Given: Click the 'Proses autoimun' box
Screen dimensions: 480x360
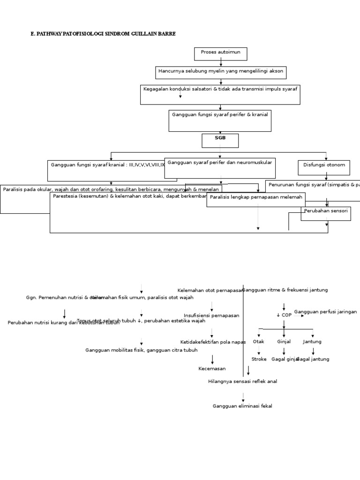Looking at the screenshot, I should pos(220,53).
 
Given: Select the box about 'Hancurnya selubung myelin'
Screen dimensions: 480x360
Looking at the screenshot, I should pos(221,72).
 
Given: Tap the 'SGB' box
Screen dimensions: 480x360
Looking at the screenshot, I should pos(220,140).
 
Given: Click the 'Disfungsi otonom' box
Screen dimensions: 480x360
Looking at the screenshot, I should pos(324,167).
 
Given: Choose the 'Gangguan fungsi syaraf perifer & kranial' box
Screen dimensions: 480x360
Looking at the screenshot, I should pos(220,120).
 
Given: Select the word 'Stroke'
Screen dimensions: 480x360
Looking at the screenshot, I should pos(259,359).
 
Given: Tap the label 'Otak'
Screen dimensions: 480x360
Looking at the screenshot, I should pos(258,342).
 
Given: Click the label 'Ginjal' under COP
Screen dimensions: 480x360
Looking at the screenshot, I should pos(284,342).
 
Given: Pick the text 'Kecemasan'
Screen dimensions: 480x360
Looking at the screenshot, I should pos(212,369).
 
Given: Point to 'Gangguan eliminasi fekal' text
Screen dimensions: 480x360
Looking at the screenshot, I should pos(242,406).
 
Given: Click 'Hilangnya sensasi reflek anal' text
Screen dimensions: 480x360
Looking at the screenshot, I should pos(242,382).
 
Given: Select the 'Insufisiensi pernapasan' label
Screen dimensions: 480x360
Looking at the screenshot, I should pos(211,315).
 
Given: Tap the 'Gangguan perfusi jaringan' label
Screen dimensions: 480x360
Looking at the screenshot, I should pos(325,312).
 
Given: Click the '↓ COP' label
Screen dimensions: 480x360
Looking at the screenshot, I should pos(284,315).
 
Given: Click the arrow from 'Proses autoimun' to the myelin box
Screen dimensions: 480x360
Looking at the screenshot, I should pos(221,63).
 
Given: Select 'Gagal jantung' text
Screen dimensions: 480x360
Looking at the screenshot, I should pos(314,359).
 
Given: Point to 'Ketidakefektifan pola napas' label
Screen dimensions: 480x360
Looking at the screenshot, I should pos(213,342).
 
